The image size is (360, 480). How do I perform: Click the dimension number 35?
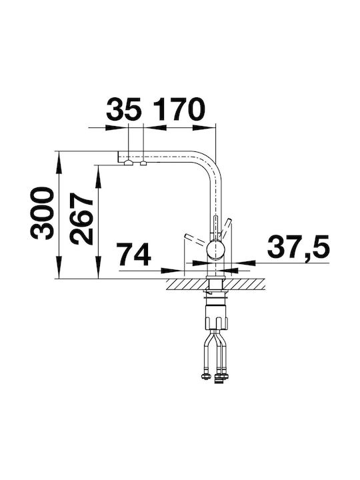[x=124, y=109]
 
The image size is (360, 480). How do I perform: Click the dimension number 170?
[x=179, y=109]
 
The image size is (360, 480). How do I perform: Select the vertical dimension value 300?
[x=42, y=213]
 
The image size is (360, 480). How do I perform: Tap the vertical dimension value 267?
[x=81, y=219]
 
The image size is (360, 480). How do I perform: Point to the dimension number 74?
[x=134, y=255]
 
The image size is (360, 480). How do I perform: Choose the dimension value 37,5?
[x=299, y=247]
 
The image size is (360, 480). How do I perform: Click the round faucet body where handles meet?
[x=216, y=250]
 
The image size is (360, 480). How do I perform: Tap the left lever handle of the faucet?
[x=195, y=240]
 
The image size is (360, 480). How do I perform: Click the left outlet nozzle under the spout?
[x=128, y=163]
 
